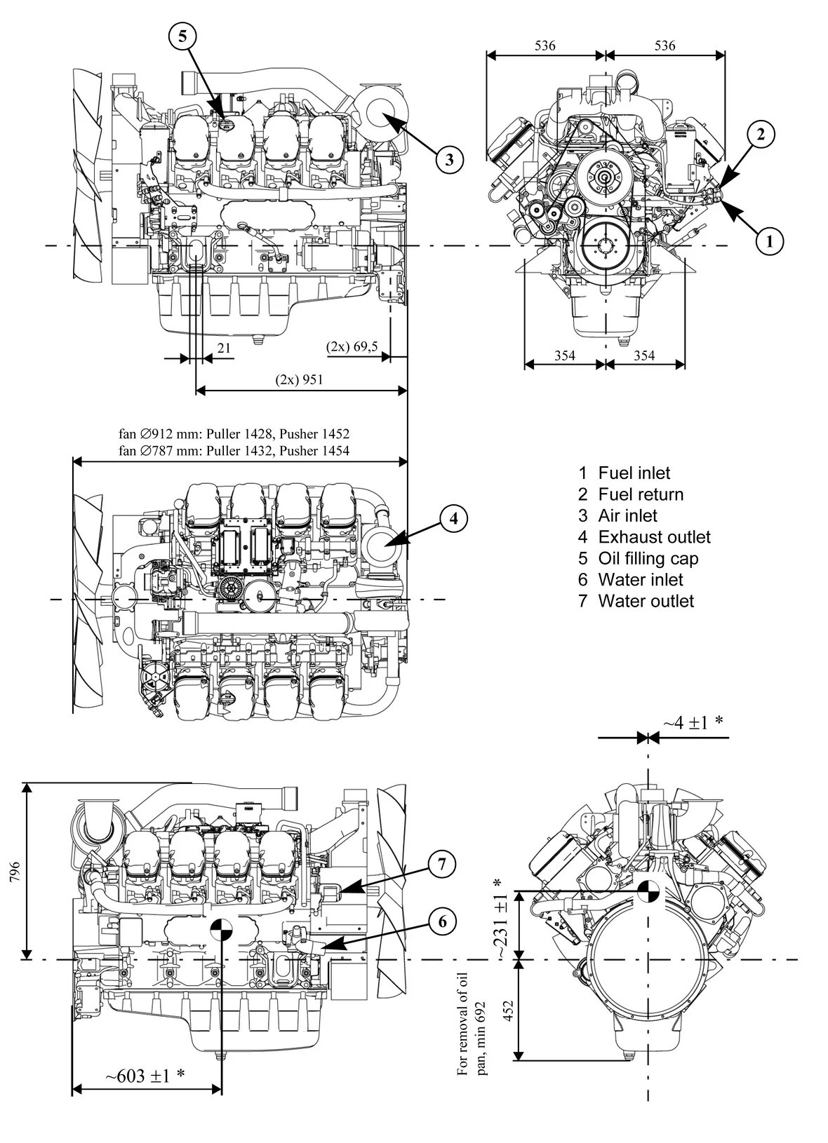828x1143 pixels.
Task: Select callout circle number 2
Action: click(x=761, y=134)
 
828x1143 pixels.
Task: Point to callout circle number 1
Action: click(x=770, y=241)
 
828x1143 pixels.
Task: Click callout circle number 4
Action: click(x=454, y=518)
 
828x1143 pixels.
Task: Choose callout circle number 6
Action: click(x=442, y=921)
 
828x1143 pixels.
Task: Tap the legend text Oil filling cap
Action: click(x=648, y=558)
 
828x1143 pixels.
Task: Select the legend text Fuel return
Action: click(x=641, y=494)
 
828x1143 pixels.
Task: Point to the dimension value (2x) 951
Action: click(x=299, y=379)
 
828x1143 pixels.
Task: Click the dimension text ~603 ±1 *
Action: click(x=145, y=1076)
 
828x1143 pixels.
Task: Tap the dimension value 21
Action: click(x=224, y=347)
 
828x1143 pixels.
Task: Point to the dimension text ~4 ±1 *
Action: click(x=693, y=722)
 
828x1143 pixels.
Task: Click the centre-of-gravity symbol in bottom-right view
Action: click(x=648, y=891)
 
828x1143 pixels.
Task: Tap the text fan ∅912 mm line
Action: click(x=234, y=434)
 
